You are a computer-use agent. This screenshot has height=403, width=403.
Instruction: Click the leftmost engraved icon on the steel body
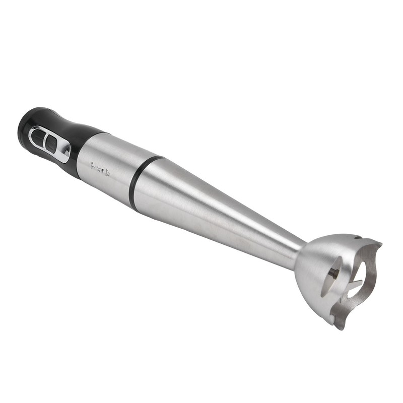click(94, 165)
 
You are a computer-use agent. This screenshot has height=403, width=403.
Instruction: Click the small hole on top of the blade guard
click(356, 238)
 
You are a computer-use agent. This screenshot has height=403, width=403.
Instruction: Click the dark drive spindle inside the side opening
click(333, 274)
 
